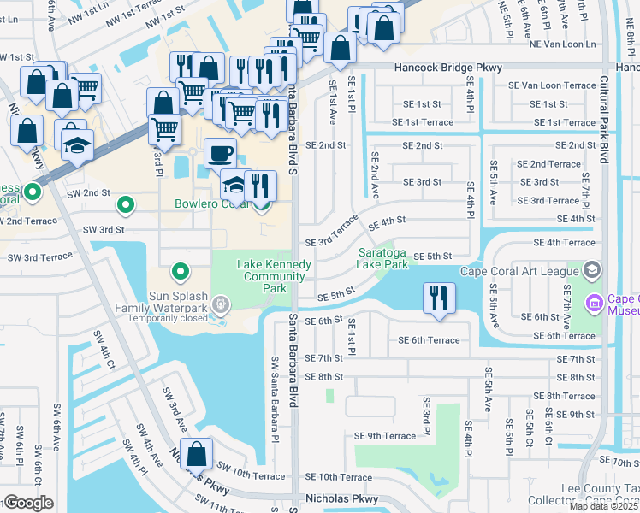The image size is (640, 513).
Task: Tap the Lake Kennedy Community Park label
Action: pyautogui.click(x=275, y=277)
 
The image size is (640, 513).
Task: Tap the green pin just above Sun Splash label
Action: pyautogui.click(x=181, y=272)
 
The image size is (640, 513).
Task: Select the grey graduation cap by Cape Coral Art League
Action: pyautogui.click(x=591, y=271)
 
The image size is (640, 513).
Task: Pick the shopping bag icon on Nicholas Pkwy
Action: pyautogui.click(x=196, y=455)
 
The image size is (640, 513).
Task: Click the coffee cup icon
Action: pyautogui.click(x=221, y=153)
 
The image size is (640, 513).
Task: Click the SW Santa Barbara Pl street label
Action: pyautogui.click(x=276, y=398)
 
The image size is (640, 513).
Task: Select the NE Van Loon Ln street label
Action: pyautogui.click(x=562, y=44)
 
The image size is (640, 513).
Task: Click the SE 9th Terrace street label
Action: pyautogui.click(x=385, y=436)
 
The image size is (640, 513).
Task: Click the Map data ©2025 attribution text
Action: pyautogui.click(x=602, y=506)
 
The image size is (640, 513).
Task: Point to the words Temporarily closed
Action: pyautogui.click(x=168, y=317)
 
